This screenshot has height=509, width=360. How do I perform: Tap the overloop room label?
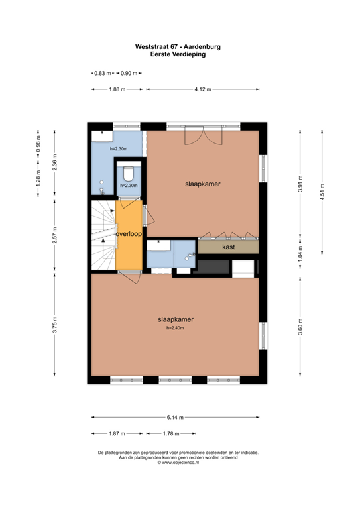click(x=129, y=235)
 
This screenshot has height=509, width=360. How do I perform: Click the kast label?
click(x=229, y=247)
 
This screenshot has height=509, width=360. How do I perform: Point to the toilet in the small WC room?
click(x=128, y=175)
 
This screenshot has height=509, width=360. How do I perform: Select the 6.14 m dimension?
click(x=174, y=417)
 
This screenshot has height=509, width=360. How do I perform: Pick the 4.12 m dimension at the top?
click(x=203, y=89)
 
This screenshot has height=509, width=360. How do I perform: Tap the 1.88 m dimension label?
click(x=117, y=89)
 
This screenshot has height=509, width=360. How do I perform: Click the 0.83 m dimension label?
click(x=100, y=72)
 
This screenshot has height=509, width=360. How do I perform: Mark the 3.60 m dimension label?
click(x=300, y=328)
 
